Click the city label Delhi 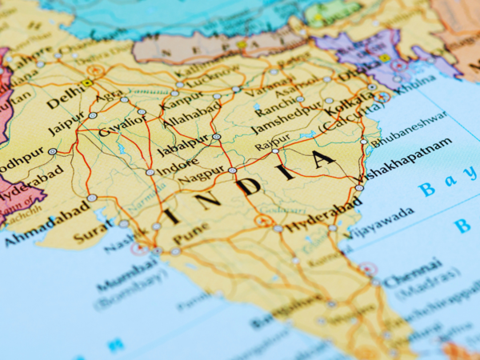click(x=65, y=100)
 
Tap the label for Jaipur click(x=66, y=126)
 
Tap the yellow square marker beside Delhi click(x=87, y=82)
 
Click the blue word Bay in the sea click(x=441, y=186)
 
